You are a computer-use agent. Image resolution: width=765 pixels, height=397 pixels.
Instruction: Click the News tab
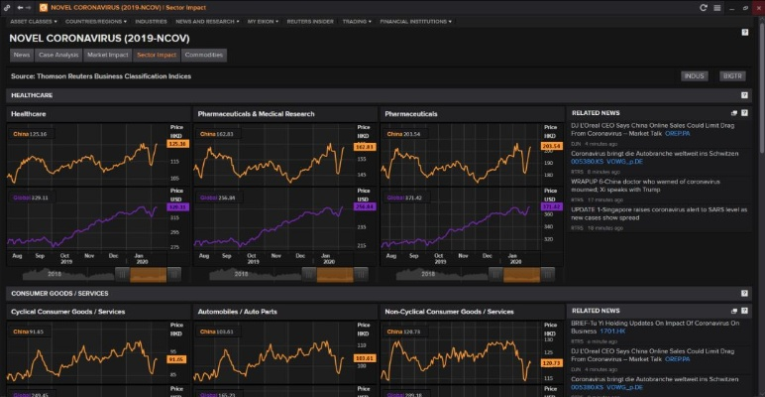[x=22, y=56]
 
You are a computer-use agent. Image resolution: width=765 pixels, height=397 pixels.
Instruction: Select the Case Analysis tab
[x=58, y=56]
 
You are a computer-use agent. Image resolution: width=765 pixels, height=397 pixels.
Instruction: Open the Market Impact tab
[x=107, y=56]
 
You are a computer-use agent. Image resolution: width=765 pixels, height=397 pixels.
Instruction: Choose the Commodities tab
[x=204, y=56]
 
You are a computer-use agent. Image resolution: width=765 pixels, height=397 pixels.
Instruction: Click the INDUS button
[x=694, y=75]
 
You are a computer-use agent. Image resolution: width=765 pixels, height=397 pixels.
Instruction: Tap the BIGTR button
[x=732, y=75]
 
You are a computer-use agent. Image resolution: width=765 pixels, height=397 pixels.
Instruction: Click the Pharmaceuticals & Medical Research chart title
[x=256, y=114]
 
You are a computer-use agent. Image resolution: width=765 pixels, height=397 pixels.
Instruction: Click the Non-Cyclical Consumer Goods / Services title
[x=449, y=312]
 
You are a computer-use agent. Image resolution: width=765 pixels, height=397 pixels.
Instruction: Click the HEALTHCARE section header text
[x=33, y=95]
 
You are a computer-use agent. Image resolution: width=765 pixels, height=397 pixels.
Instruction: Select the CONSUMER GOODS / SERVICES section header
[x=60, y=294]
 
